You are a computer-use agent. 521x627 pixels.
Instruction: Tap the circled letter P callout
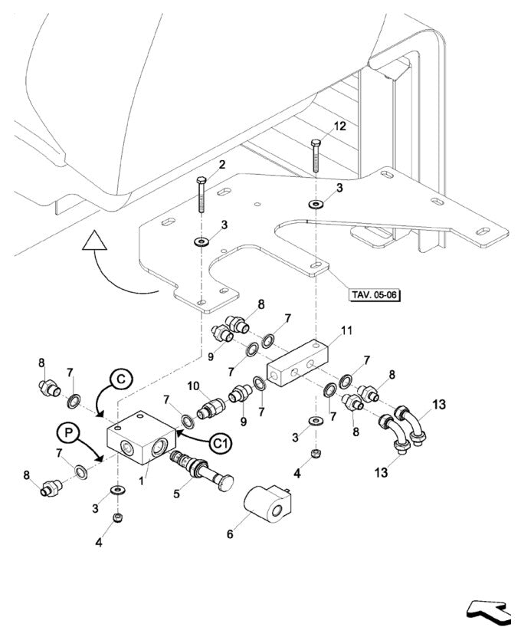[x=67, y=432]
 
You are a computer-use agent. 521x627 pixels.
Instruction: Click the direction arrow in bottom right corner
[x=488, y=610]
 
